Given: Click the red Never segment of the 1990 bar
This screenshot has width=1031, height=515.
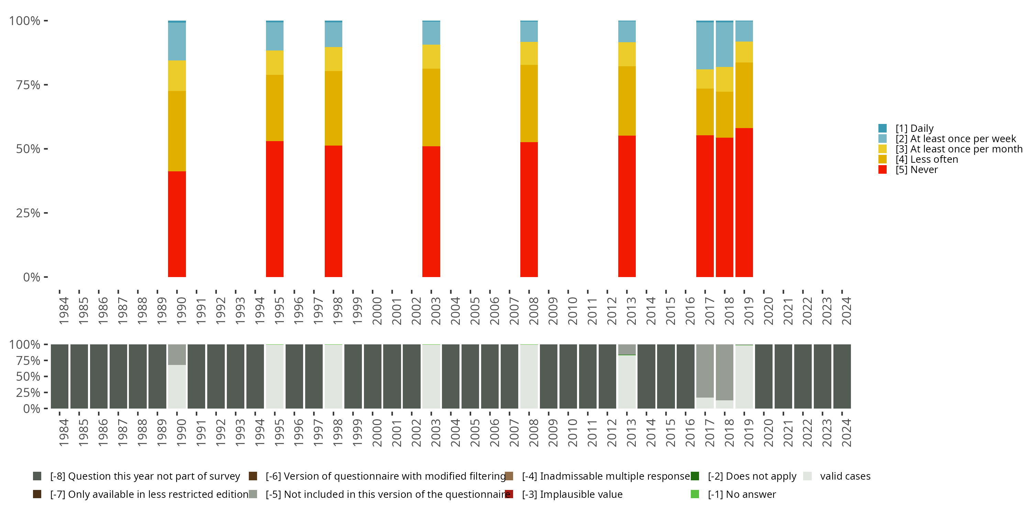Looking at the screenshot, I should (x=177, y=224).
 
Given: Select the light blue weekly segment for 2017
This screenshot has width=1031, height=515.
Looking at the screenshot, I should (x=705, y=46).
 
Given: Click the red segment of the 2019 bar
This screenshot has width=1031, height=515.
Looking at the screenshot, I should (x=744, y=202).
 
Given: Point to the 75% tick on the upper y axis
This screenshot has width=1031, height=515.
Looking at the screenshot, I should (x=46, y=85).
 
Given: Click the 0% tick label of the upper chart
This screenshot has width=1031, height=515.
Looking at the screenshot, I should (x=31, y=277).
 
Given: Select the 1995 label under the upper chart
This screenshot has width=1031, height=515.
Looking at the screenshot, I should (x=279, y=311).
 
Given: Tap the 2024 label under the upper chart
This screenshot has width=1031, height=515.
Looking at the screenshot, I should (x=846, y=311).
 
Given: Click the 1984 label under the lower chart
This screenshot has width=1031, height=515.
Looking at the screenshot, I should (x=64, y=433).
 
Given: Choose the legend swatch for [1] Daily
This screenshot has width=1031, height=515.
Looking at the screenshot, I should (x=883, y=128).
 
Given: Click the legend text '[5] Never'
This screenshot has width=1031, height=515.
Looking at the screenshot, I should (x=917, y=170).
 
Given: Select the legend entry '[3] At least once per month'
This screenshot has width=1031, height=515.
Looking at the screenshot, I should (x=958, y=149).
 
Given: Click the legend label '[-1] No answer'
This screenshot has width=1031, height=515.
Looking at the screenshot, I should (x=742, y=494).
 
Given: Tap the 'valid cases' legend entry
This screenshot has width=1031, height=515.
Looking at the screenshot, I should (x=845, y=476).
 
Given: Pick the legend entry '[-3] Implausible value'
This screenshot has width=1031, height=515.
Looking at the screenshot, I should (x=572, y=494).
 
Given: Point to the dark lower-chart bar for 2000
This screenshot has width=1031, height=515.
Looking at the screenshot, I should (x=373, y=376).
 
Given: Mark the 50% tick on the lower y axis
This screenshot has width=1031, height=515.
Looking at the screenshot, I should (x=46, y=376).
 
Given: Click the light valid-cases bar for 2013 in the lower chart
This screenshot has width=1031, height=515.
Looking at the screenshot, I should (x=627, y=381).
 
